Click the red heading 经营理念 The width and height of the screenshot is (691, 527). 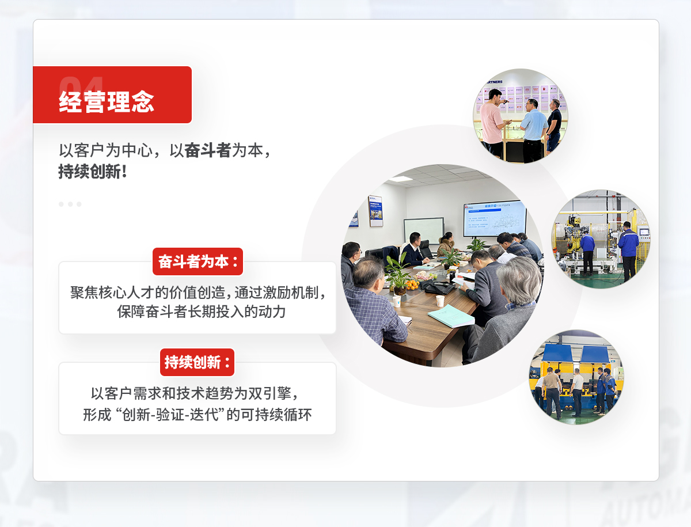tap(107, 102)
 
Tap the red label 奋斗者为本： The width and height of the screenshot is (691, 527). tap(198, 261)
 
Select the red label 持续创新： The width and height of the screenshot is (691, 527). tap(197, 362)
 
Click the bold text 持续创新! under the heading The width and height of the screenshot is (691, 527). tap(93, 172)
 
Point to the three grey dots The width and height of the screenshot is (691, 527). tap(70, 204)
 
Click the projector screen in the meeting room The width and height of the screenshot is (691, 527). tap(495, 218)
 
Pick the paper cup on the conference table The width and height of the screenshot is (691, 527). tap(440, 301)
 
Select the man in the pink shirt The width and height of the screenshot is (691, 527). tap(492, 122)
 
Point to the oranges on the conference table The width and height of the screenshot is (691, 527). tap(412, 285)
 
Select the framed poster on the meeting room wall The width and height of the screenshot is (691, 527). tap(375, 211)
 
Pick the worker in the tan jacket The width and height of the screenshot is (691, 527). tap(552, 386)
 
